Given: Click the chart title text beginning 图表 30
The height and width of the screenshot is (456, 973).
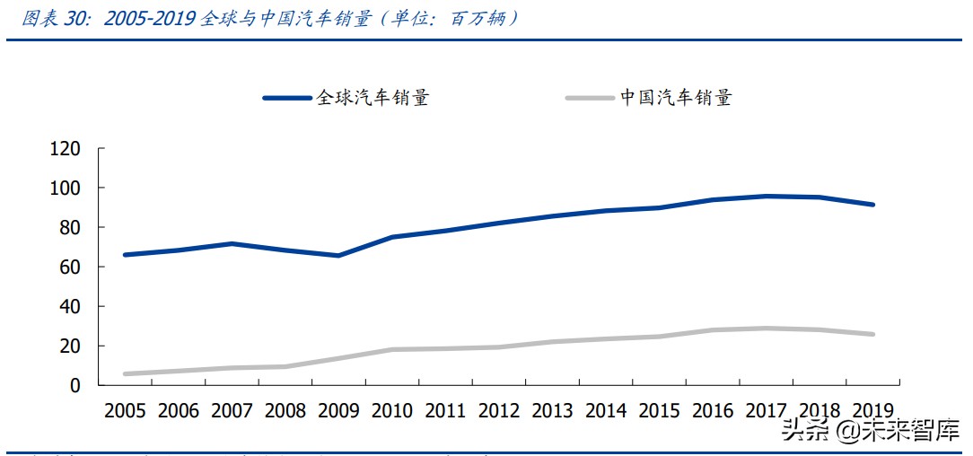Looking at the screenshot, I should pos(269,18).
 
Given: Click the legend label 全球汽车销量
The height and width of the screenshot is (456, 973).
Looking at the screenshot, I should pos(372,97).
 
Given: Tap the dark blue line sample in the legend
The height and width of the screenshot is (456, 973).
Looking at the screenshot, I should pos(287,97).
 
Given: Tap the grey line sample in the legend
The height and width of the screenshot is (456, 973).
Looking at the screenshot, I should pos(590,97).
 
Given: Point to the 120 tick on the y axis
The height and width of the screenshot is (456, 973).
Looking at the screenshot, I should pos(66,149).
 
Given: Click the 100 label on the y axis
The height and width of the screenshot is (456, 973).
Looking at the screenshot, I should pos(66,189).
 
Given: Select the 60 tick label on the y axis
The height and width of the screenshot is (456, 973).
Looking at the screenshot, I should pos(71,267).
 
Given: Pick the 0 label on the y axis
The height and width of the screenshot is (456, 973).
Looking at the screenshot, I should pos(76,386).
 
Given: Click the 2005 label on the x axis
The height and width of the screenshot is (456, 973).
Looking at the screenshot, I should pos(125,411).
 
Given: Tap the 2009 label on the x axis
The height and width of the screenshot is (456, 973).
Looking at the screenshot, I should pos(338,411).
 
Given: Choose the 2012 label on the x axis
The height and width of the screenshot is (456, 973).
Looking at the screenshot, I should pos(499,411).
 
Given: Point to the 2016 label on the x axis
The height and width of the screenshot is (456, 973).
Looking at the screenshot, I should pos(713,411).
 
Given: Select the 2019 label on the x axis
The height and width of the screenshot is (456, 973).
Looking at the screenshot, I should pos(872,411).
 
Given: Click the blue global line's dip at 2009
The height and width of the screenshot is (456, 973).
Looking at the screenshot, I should pos(338,255).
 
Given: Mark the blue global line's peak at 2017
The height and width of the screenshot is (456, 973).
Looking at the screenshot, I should pos(767,196).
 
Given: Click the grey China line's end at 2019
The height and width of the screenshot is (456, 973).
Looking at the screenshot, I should pos(872,334).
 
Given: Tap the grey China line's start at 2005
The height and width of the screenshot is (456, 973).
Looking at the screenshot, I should pos(125,373).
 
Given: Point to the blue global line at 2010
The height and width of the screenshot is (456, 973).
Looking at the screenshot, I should pos(392,237).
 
